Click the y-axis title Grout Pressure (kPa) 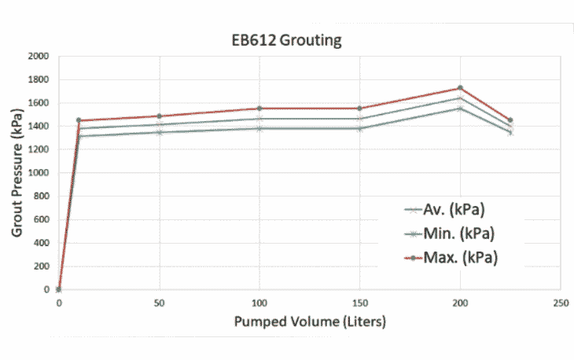point(17,172)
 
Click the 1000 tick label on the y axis point(36,173)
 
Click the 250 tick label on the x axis point(561,303)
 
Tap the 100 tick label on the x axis point(259,303)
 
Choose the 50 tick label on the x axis point(160,303)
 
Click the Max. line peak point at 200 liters point(460,88)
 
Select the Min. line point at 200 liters point(460,108)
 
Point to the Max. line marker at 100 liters point(259,108)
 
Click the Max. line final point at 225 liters point(510,120)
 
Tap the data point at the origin point(59,289)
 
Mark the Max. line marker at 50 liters point(160,116)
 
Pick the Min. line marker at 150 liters point(360,128)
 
